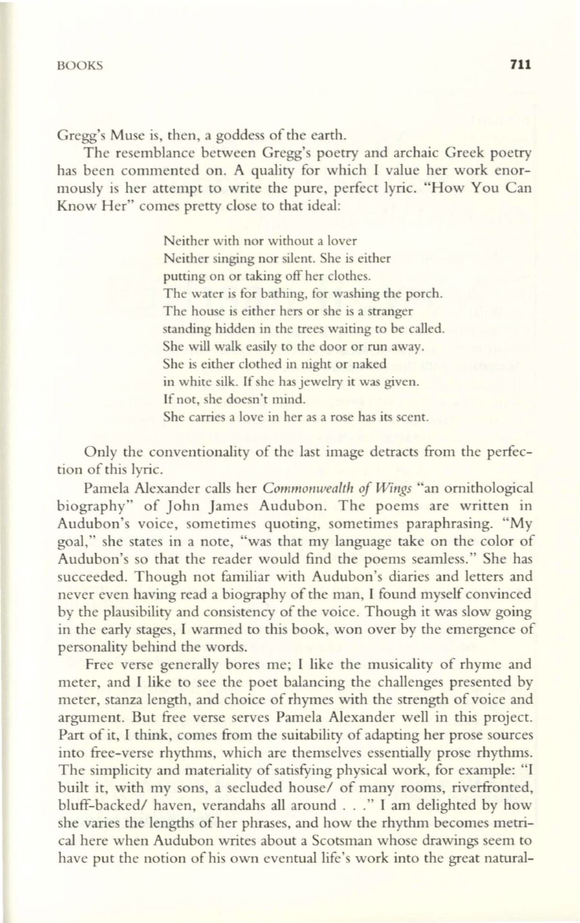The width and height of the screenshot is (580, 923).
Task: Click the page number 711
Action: coord(518,64)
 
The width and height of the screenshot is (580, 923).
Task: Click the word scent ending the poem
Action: coord(413,416)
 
